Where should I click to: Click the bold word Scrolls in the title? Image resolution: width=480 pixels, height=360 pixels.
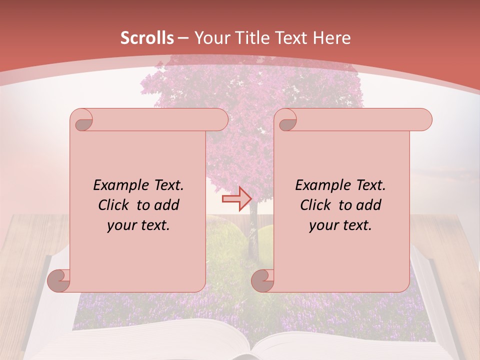pos(147,38)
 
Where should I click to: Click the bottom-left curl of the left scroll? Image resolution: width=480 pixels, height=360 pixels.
pos(59,280)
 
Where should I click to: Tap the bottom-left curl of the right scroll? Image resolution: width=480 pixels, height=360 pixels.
pos(263,280)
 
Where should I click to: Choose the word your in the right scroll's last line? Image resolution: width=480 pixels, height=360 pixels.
pos(321,225)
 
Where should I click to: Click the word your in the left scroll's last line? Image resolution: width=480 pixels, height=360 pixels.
pos(119,225)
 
